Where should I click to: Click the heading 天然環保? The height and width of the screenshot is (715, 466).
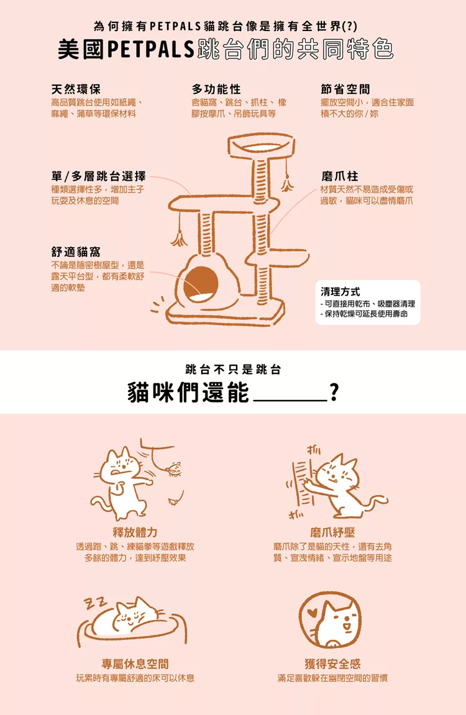coord(76,89)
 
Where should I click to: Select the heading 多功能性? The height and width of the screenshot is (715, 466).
coord(216,89)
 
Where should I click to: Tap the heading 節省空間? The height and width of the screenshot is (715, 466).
coord(345,89)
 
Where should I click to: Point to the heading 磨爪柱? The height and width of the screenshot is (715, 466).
coord(340,176)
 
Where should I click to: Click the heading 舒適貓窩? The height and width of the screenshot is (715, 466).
coord(76,252)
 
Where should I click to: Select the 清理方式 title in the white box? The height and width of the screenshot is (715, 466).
coord(340,291)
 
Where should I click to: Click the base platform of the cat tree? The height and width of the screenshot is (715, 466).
coord(226,314)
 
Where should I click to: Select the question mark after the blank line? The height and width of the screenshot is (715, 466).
coord(334,392)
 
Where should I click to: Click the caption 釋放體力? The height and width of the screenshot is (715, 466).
coord(135,532)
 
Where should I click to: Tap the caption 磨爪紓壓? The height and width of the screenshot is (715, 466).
coord(332,532)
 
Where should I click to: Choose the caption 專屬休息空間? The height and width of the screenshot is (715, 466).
coord(135,663)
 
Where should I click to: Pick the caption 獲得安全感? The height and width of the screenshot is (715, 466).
coord(332,663)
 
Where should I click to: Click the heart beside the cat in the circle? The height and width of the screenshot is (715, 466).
coord(312,613)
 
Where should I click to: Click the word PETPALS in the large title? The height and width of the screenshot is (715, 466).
coord(152,50)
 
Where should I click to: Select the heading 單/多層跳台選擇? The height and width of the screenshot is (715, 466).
coord(99,176)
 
